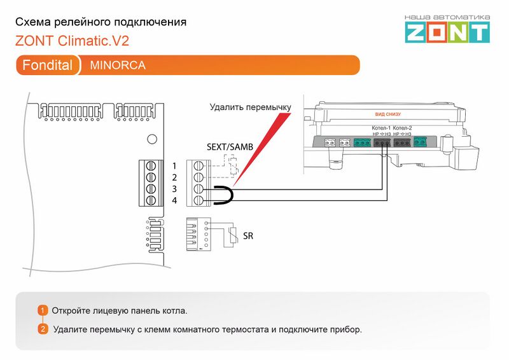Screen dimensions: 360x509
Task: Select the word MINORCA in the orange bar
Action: click(118, 65)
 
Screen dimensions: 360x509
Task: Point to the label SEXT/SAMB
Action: click(230, 147)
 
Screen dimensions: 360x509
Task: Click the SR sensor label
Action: click(248, 237)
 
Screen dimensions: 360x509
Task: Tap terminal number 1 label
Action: click(174, 166)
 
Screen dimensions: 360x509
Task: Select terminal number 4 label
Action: click(174, 200)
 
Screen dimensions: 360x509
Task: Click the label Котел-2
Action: click(402, 128)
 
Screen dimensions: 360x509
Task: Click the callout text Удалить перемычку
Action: click(250, 107)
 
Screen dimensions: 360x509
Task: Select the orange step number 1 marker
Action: click(43, 310)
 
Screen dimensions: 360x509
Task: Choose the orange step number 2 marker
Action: click(43, 329)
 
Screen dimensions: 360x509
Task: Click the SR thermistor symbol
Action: click(233, 235)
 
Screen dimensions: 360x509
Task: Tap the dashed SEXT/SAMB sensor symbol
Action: click(232, 169)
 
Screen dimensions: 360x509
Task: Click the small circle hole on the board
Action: click(151, 139)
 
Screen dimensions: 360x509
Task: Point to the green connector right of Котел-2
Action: click(420, 142)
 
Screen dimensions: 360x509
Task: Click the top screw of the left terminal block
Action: click(151, 167)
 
